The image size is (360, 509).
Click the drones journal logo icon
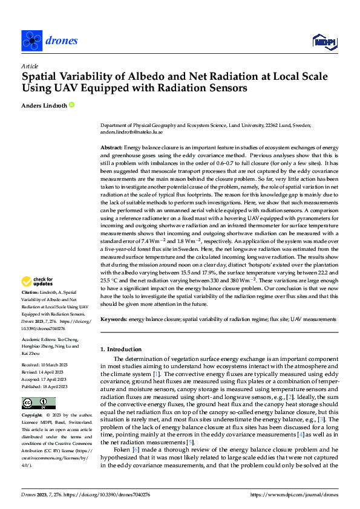pyautogui.click(x=31, y=41)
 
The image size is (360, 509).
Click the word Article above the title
pyautogui.click(x=30, y=66)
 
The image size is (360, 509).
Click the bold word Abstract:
pyautogui.click(x=111, y=148)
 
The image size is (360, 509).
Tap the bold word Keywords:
pyautogui.click(x=113, y=318)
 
